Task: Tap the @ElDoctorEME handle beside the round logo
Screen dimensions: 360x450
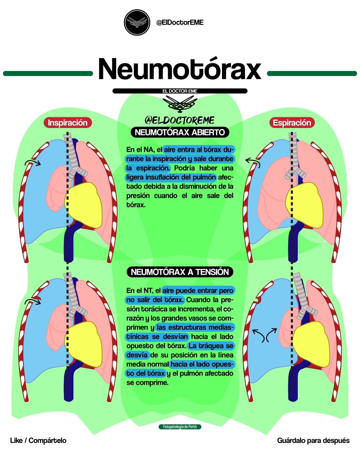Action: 180,22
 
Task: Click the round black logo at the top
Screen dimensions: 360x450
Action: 137,22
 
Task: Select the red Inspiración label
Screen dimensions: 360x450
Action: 68,123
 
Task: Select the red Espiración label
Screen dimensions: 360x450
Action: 292,123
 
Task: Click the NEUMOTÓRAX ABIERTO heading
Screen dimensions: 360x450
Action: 180,132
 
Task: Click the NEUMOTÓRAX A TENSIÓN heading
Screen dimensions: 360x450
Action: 180,272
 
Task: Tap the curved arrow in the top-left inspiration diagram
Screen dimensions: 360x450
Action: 33,162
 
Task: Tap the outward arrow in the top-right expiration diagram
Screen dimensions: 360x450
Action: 253,162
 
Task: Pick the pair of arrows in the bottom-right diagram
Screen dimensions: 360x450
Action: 265,335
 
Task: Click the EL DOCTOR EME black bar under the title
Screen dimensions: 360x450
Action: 180,91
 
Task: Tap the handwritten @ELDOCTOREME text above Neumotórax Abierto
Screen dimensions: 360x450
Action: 179,120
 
